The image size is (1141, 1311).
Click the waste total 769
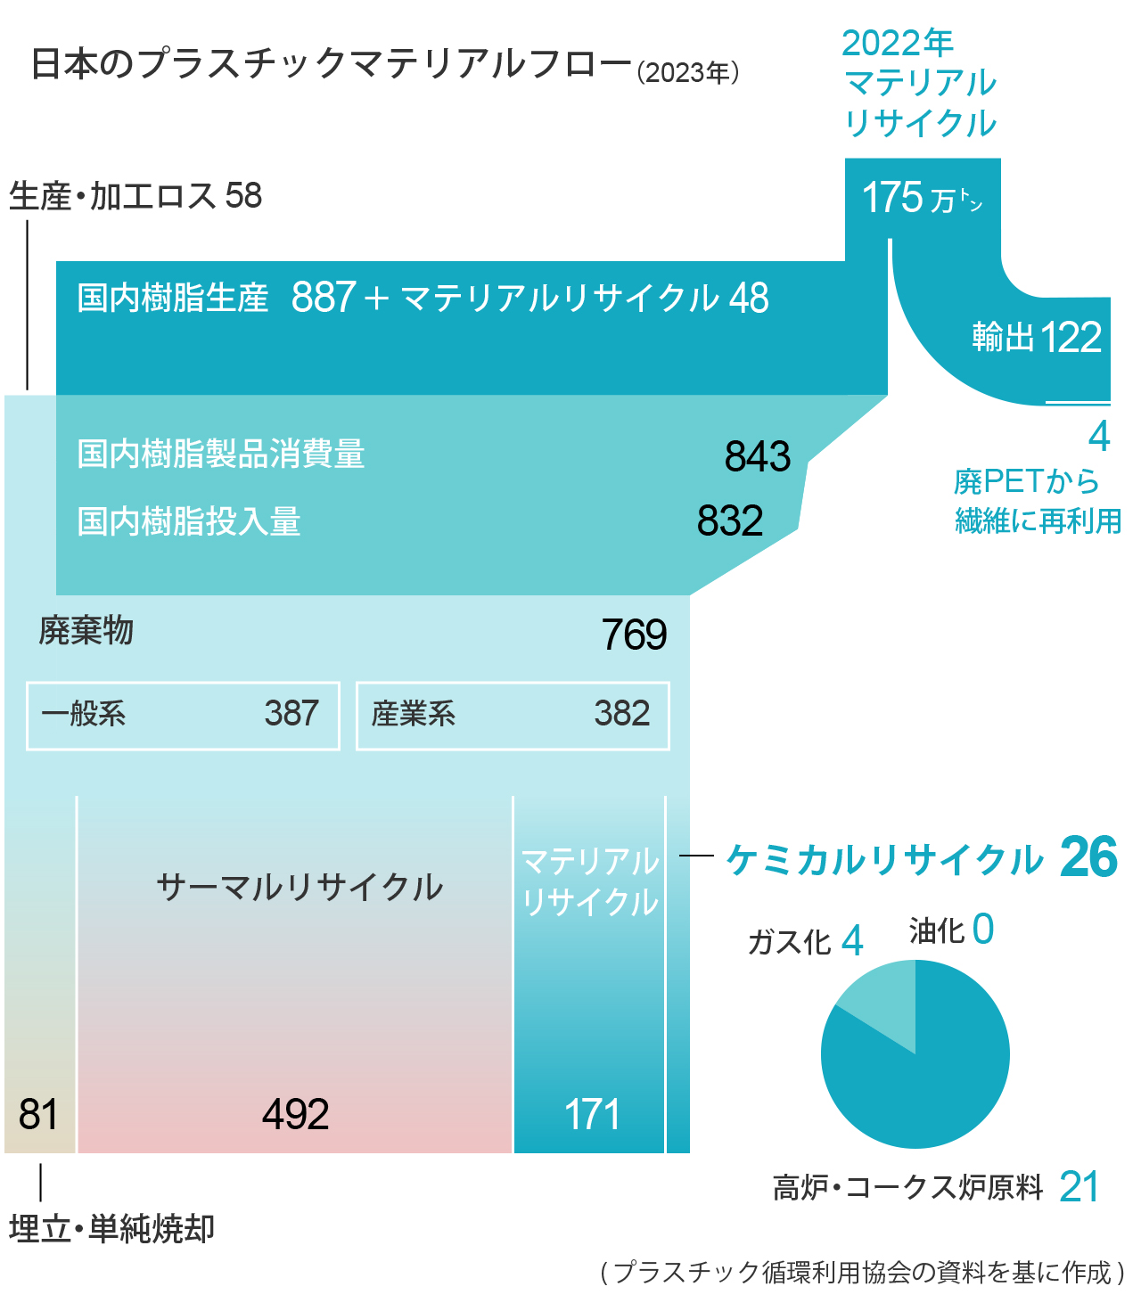[x=634, y=635]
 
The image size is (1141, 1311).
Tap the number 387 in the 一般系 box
[x=291, y=714]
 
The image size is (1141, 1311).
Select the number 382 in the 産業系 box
[x=622, y=714]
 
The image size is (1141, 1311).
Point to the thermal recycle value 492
[x=296, y=1114]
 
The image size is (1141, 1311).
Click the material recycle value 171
[x=592, y=1114]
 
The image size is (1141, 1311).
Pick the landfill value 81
[x=38, y=1114]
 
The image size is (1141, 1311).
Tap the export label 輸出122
[x=1037, y=338]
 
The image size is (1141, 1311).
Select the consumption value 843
[x=758, y=456]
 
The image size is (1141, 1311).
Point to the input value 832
[x=730, y=521]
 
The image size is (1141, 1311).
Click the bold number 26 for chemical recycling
[x=1088, y=858]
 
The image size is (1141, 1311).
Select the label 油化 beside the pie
[x=937, y=931]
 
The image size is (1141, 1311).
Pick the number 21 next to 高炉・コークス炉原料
[x=1079, y=1187]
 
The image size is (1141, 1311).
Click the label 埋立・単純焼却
[x=112, y=1229]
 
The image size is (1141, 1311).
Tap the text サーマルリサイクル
[x=300, y=888]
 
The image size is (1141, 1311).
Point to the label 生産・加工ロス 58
[x=135, y=196]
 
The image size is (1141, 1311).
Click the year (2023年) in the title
[x=688, y=72]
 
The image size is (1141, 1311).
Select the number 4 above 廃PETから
[x=1099, y=437]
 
